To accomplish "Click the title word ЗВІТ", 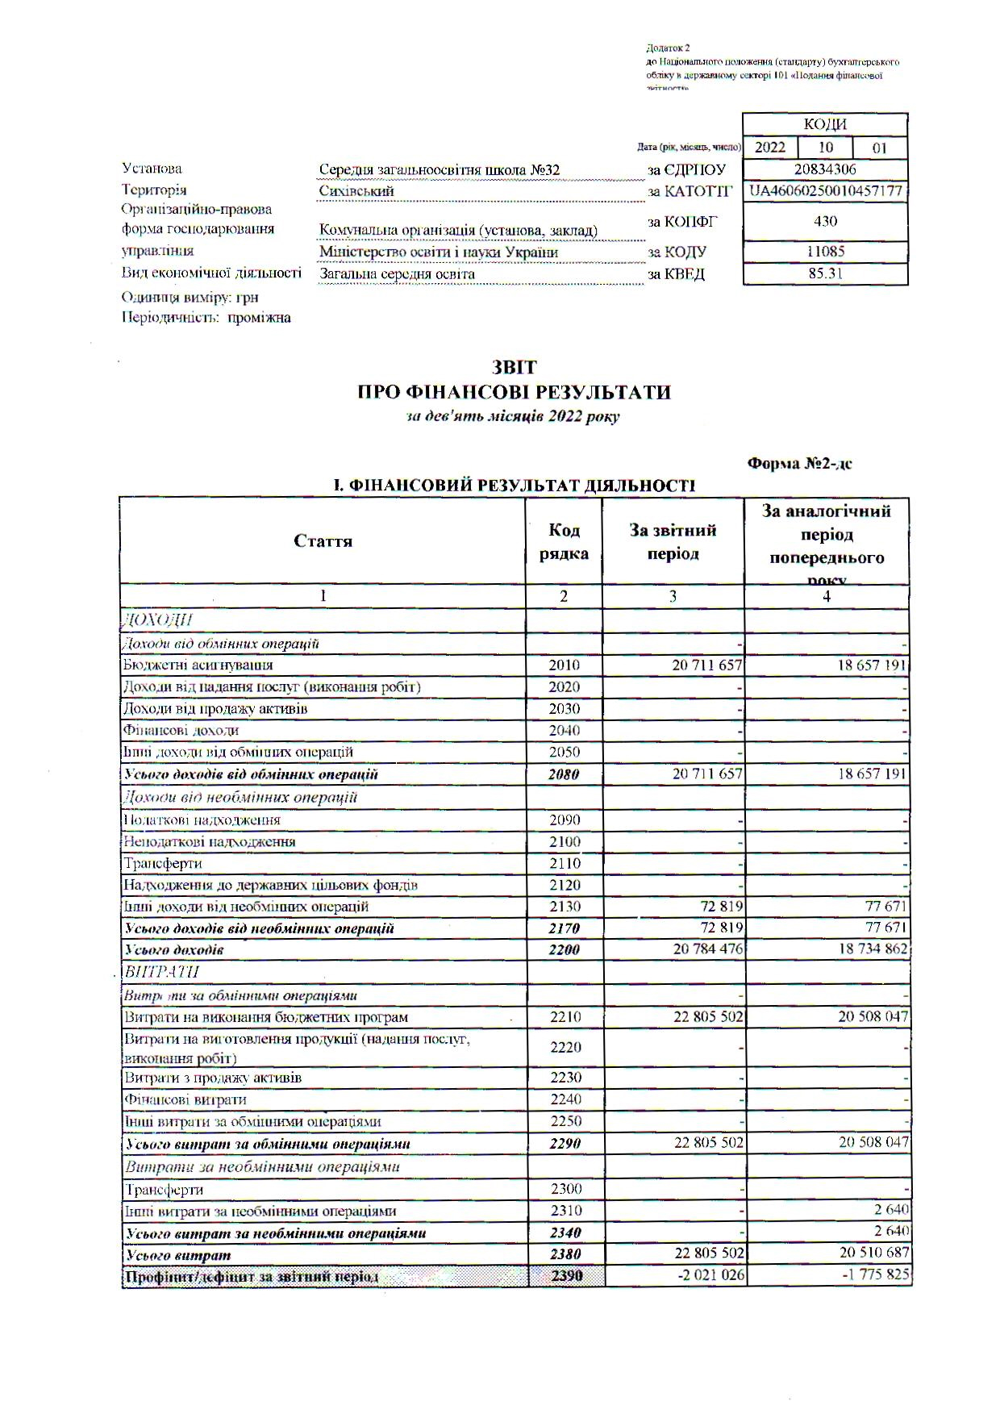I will [515, 369].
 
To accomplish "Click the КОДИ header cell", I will [825, 124].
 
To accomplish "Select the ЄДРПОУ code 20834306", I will [825, 169].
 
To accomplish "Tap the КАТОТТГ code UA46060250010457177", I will [825, 191].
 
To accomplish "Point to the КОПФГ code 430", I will [825, 221].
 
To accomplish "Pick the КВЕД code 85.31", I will [825, 273].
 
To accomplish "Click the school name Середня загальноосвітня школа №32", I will [439, 170].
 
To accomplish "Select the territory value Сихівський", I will [356, 192].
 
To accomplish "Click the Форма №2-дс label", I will [799, 464].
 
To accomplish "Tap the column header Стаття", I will [323, 541].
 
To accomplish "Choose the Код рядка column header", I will [564, 541].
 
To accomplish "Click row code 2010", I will [564, 665].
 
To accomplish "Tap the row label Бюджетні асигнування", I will [198, 665].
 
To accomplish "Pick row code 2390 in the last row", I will [567, 1276].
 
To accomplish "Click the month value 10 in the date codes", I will [825, 148].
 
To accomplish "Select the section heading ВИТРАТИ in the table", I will [161, 972].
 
